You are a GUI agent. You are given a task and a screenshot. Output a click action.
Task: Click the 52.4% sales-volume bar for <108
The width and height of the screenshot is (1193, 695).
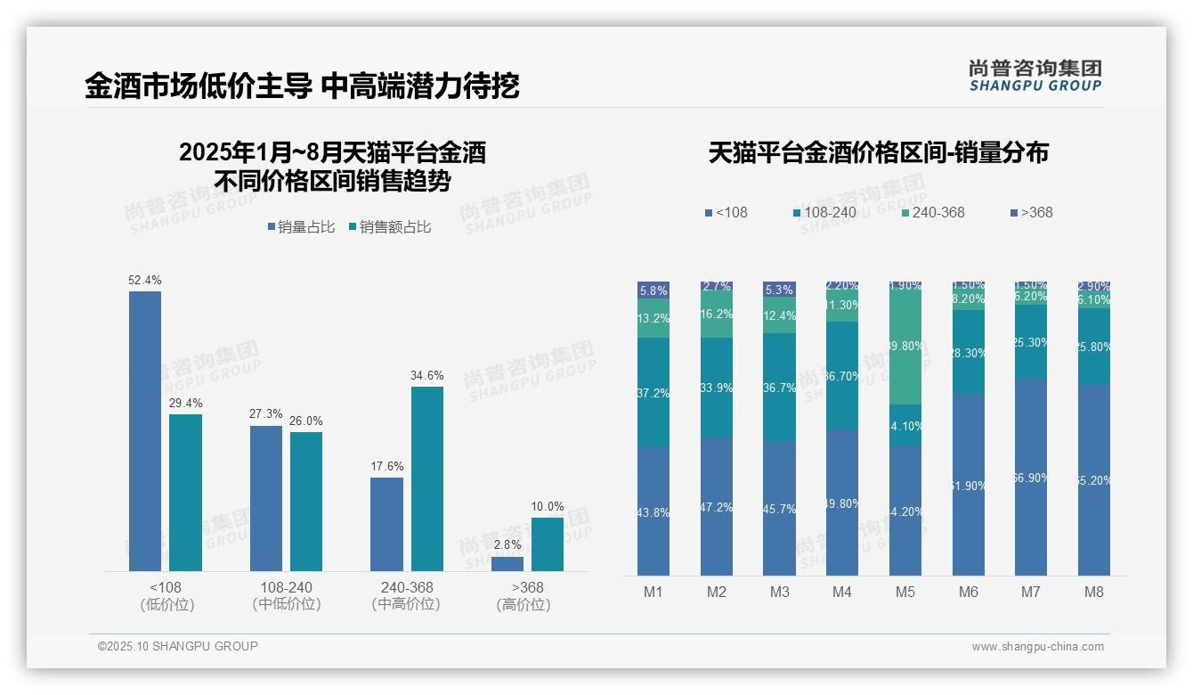145,430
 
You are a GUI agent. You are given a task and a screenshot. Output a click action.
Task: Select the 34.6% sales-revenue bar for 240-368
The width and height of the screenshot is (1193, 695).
427,478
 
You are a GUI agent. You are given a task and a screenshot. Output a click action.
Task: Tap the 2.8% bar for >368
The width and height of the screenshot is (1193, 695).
507,563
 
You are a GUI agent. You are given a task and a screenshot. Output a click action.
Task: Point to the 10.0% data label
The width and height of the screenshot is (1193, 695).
548,507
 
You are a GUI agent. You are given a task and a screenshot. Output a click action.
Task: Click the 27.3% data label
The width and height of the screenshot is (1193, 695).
266,414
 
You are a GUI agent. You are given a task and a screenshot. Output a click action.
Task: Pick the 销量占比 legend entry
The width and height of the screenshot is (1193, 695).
301,227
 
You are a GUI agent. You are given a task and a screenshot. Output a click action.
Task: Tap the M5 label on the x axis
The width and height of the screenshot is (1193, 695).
905,592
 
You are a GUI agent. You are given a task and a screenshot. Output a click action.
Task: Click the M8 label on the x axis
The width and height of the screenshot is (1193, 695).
1094,592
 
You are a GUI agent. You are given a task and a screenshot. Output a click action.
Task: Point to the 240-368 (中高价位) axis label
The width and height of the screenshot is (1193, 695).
406,596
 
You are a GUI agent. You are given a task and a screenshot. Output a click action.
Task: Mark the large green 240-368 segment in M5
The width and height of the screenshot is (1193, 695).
905,345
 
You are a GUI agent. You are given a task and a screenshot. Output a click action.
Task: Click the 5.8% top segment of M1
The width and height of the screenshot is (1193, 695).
653,290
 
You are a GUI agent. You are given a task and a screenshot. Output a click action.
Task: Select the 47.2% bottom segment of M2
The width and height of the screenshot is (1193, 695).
717,506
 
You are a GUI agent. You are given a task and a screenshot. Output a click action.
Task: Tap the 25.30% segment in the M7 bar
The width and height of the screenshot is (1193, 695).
1031,342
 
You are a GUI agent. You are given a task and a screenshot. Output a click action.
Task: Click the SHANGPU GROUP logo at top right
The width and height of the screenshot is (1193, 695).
1035,75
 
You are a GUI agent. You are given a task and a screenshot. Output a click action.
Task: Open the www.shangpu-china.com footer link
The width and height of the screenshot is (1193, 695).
1037,647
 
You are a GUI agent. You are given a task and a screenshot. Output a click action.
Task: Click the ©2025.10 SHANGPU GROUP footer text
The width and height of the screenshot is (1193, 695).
178,646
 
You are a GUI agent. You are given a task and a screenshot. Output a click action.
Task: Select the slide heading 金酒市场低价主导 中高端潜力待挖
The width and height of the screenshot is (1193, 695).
302,86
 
